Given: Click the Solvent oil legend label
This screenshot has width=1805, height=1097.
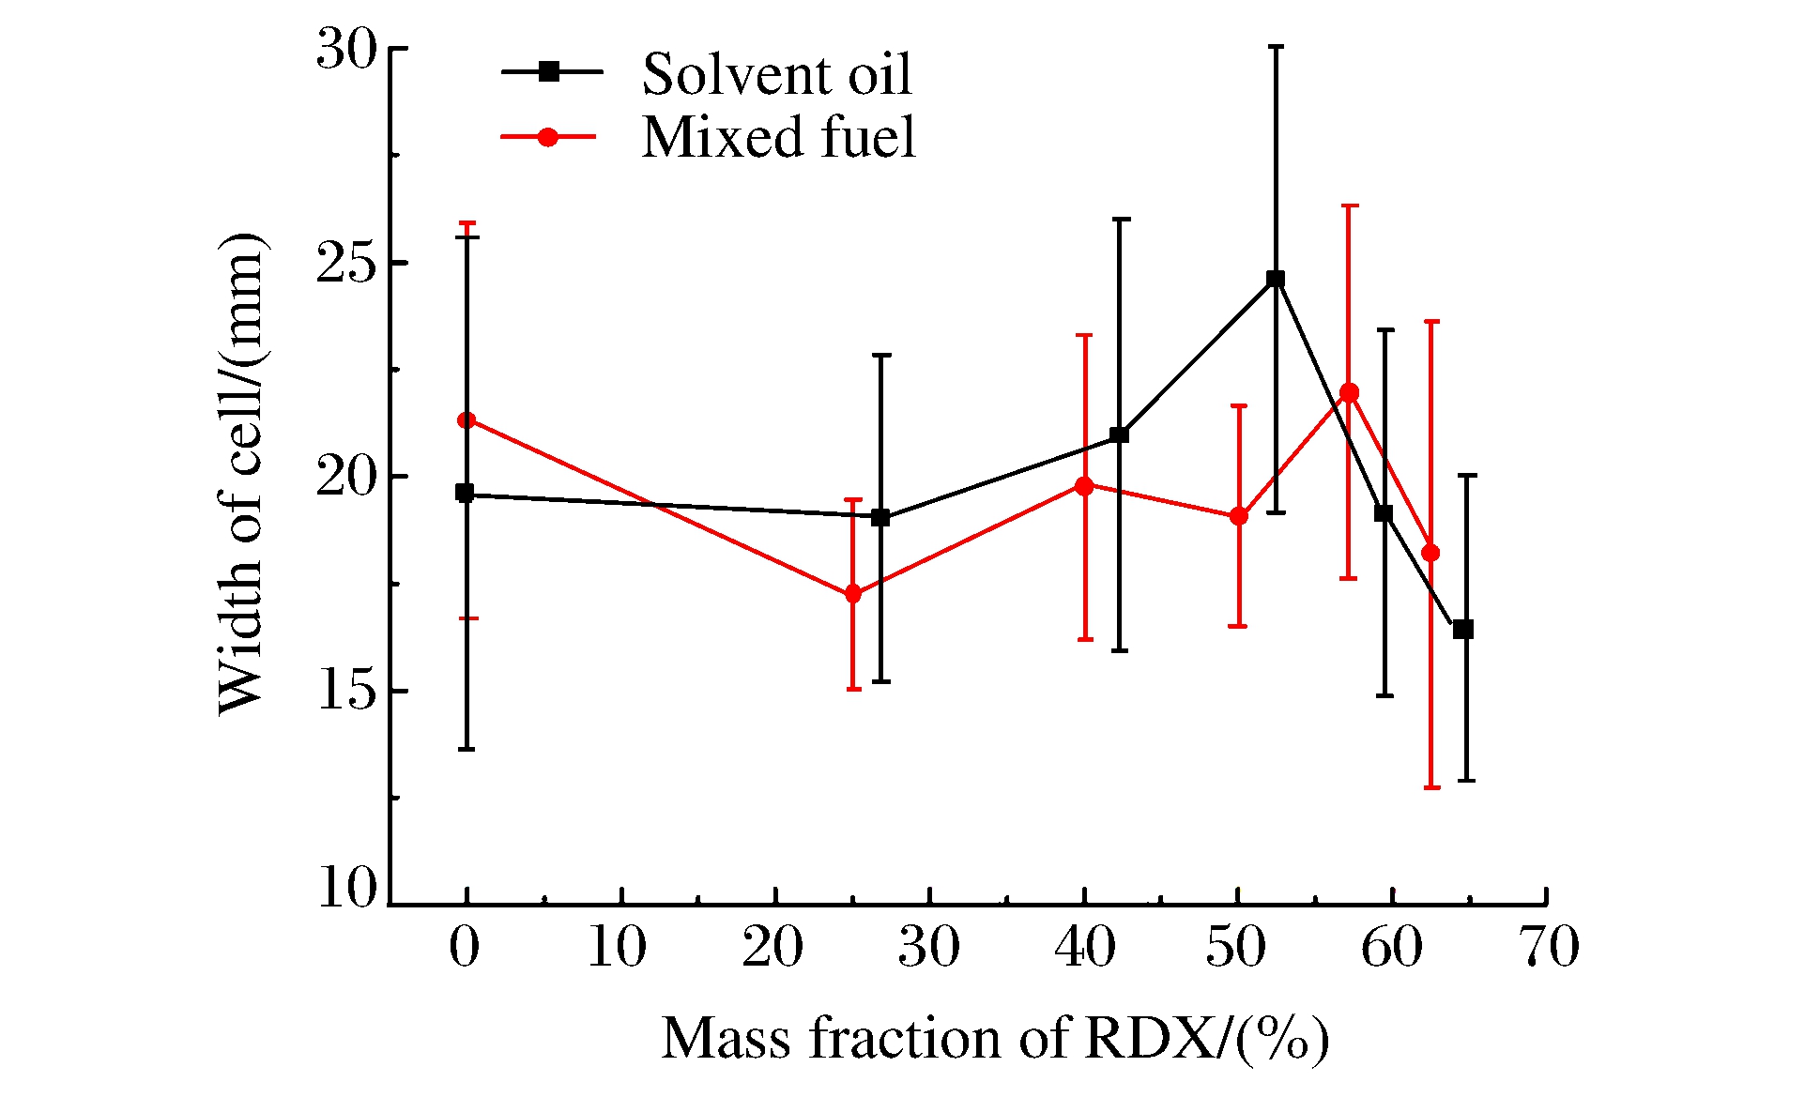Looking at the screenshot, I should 776,74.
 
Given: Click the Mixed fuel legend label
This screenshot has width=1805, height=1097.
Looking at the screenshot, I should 778,137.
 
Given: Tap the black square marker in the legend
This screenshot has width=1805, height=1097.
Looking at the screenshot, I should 550,71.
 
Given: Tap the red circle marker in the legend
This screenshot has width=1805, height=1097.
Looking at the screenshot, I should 548,137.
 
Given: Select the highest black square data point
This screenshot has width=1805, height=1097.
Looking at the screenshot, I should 1275,279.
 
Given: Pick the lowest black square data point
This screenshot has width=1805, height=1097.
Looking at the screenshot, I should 1462,630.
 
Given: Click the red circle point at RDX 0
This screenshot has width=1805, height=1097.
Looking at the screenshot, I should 467,419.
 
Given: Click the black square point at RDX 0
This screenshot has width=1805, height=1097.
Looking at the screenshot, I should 465,493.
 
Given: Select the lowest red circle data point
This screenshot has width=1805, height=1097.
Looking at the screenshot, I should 853,594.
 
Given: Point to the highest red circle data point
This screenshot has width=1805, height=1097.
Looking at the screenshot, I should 1349,392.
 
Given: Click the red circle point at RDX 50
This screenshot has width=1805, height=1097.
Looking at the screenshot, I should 1239,516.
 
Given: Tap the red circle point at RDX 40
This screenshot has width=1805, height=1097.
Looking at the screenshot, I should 1084,486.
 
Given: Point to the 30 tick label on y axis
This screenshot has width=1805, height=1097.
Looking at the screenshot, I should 345,50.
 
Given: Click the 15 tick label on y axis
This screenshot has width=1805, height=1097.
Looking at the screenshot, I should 345,692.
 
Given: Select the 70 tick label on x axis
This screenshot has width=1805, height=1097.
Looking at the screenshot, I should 1550,948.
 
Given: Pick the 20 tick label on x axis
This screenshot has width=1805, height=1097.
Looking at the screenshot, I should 773,948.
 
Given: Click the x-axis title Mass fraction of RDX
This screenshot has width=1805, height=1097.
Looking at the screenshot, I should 995,1039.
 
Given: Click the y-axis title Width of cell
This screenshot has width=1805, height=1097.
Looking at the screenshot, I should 242,474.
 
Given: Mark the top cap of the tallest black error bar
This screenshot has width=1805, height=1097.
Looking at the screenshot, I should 1276,46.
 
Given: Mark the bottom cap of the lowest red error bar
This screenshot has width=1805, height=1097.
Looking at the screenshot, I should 1431,787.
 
